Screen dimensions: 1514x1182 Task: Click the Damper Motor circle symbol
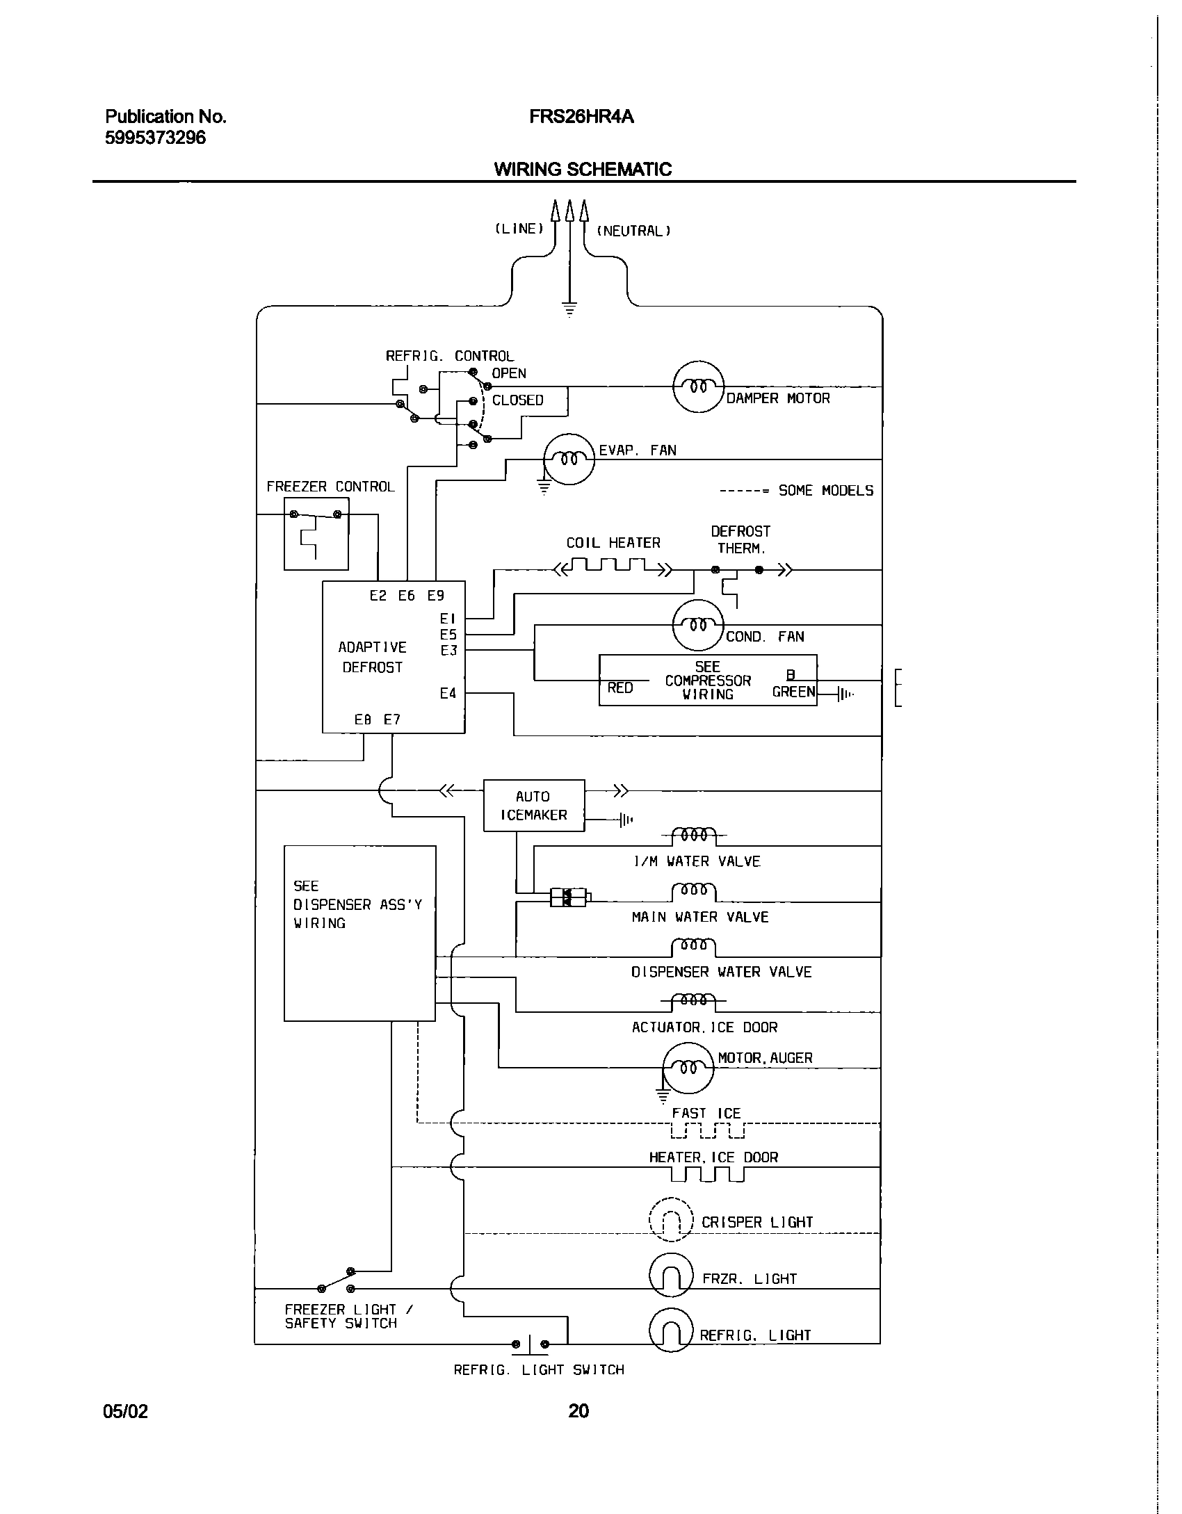699,386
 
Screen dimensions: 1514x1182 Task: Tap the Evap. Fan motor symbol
569,459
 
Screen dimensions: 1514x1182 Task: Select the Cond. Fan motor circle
698,625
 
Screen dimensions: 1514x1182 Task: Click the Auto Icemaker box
533,806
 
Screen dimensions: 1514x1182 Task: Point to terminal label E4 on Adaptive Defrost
448,693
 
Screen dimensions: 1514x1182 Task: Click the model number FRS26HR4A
581,117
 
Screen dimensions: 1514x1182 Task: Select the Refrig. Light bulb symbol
671,1330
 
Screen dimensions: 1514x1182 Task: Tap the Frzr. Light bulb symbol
671,1274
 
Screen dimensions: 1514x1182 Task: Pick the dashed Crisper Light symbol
671,1219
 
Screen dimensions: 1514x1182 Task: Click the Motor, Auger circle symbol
688,1067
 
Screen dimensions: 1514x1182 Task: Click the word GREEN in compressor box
793,692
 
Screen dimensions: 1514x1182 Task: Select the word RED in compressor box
620,687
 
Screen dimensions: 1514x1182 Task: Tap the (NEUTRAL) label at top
633,231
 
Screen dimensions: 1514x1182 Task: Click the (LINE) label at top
519,229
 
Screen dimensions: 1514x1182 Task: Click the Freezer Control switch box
316,533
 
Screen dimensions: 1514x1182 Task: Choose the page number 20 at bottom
578,1410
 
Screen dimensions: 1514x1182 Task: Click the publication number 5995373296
155,138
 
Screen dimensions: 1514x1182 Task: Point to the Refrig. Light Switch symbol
530,1344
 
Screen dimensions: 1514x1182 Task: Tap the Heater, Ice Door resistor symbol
707,1174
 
